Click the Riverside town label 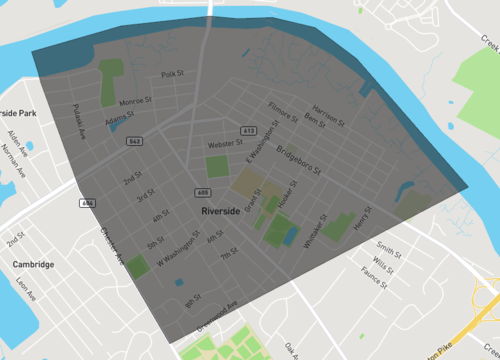(220, 212)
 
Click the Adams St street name (118, 118)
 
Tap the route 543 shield (134, 142)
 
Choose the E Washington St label (259, 154)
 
